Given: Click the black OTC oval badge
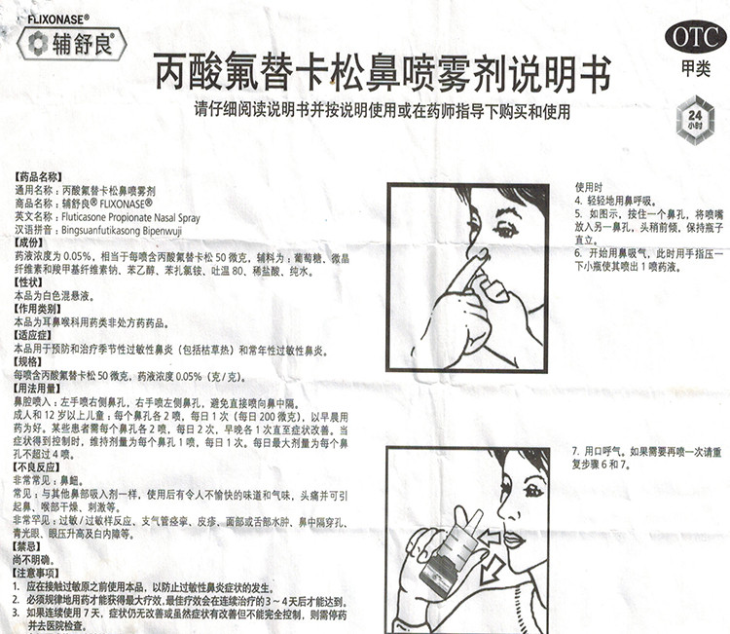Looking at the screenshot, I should coord(696,38).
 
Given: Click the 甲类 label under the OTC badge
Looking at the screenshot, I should coord(695,70).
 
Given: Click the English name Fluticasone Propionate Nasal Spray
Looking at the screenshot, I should coord(130,218).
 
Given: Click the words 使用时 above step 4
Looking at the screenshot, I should coord(589,187).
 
